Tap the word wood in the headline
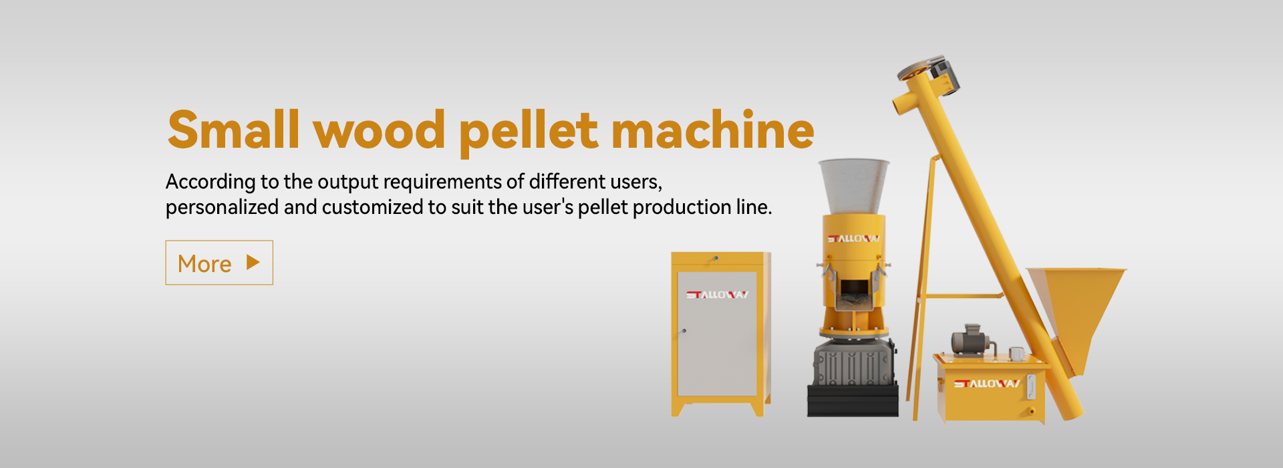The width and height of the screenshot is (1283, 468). pyautogui.click(x=380, y=130)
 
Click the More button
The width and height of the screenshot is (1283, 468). pyautogui.click(x=219, y=263)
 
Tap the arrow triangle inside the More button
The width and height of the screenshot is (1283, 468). pyautogui.click(x=253, y=262)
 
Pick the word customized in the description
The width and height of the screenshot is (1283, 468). pyautogui.click(x=373, y=207)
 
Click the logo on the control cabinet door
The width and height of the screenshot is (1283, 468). pyautogui.click(x=717, y=295)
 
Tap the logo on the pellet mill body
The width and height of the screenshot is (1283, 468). pyautogui.click(x=854, y=239)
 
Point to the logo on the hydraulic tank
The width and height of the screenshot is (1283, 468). pyautogui.click(x=986, y=384)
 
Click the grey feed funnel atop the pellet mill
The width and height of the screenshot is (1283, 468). pyautogui.click(x=854, y=187)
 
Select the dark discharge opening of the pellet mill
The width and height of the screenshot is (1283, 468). pyautogui.click(x=853, y=292)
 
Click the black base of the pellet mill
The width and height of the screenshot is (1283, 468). pyautogui.click(x=853, y=400)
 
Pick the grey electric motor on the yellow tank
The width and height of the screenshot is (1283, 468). pyautogui.click(x=969, y=340)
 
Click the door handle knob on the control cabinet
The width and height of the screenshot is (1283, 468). pyautogui.click(x=683, y=330)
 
